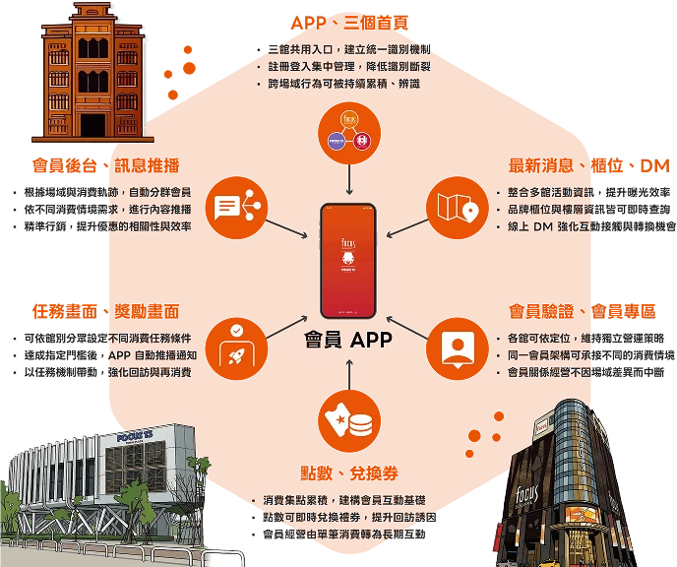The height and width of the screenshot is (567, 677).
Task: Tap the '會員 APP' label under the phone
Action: (x=349, y=342)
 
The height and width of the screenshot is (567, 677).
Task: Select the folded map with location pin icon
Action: (x=457, y=207)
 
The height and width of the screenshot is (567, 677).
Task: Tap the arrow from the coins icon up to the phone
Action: (x=349, y=375)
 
